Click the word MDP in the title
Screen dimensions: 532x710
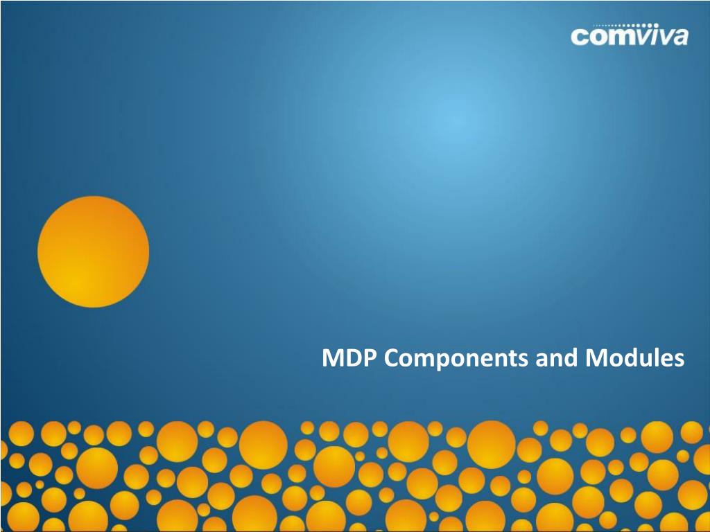tap(349, 359)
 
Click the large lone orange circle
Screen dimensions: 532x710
tap(93, 251)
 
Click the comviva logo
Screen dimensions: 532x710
tap(630, 35)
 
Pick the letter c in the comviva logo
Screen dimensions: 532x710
tap(579, 37)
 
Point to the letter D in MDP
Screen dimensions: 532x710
tap(352, 359)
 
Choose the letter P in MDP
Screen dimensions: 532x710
tap(370, 359)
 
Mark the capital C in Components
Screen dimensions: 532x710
tap(390, 359)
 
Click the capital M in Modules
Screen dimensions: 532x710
tap(595, 359)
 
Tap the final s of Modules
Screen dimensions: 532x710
tap(679, 361)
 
